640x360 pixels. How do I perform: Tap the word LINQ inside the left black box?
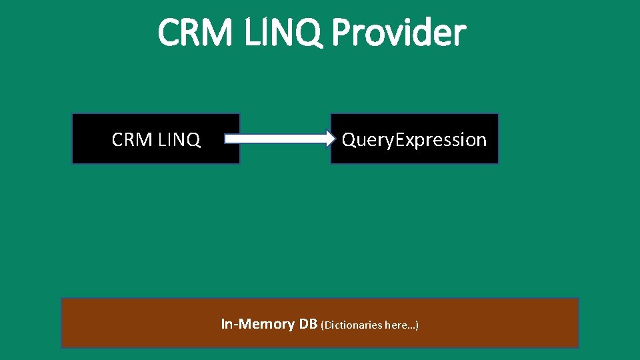[x=179, y=139]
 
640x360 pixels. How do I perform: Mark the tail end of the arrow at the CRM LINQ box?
[x=227, y=139]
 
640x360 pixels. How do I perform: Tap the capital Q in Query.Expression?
[x=349, y=139]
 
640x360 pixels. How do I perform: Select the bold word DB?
[x=307, y=324]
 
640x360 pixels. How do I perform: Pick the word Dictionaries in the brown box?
[x=353, y=325]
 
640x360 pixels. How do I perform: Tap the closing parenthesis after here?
[x=417, y=325]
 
